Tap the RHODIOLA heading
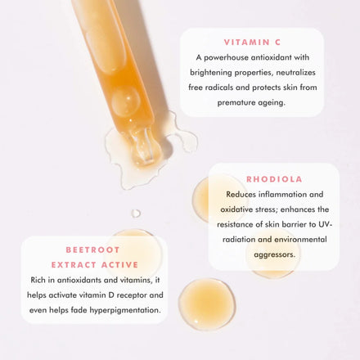pos(274,178)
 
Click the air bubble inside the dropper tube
pos(126,102)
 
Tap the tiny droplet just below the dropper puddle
pos(136,213)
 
